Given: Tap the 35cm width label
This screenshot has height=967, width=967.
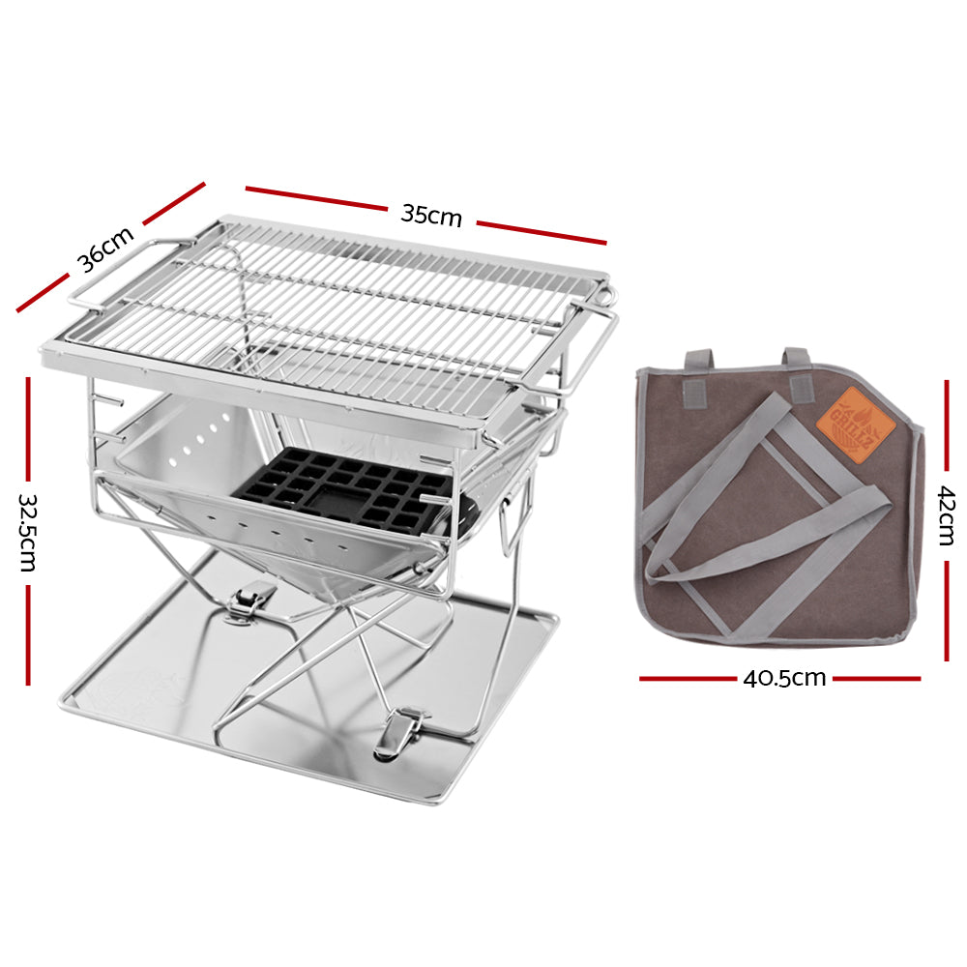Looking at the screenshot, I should (x=431, y=215).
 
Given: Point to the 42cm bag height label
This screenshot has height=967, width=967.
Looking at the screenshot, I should (x=947, y=516).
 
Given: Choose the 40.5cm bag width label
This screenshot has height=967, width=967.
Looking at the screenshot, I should (x=784, y=679).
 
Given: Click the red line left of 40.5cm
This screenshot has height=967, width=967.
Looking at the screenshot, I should (x=687, y=679).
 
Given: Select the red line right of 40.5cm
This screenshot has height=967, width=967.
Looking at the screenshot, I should (x=876, y=679).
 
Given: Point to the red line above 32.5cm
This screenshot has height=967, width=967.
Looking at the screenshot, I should (x=28, y=431).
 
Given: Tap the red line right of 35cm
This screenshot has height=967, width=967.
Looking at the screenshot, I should (x=542, y=233).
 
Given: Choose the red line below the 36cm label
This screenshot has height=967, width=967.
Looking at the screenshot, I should (x=44, y=296).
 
